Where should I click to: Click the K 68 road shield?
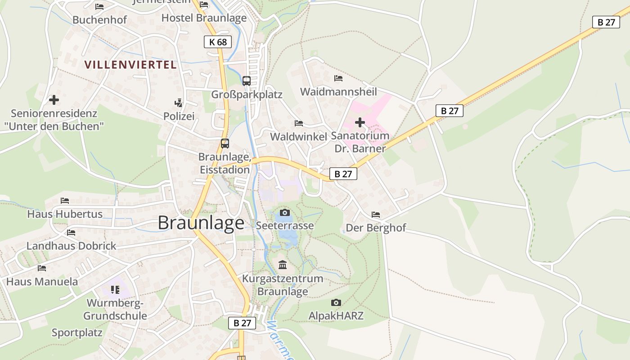218,42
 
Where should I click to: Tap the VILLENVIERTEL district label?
130,64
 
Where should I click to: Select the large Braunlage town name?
201,223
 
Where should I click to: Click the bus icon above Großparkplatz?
247,81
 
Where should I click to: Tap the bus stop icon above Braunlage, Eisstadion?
225,144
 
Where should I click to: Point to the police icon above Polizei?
179,103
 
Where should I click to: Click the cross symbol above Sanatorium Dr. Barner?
360,122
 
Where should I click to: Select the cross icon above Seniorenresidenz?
54,99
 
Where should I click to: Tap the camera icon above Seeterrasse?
284,212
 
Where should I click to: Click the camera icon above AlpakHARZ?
336,302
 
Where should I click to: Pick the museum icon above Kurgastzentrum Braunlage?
283,265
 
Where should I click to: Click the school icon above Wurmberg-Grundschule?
115,289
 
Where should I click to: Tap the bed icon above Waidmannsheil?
338,78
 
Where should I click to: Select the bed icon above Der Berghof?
376,214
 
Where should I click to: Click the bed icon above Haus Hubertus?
65,200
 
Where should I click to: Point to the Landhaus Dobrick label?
72,246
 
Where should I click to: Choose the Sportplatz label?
77,333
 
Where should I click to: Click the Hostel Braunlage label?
204,18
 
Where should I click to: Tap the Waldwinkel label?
298,136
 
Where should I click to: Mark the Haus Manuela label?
42,282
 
